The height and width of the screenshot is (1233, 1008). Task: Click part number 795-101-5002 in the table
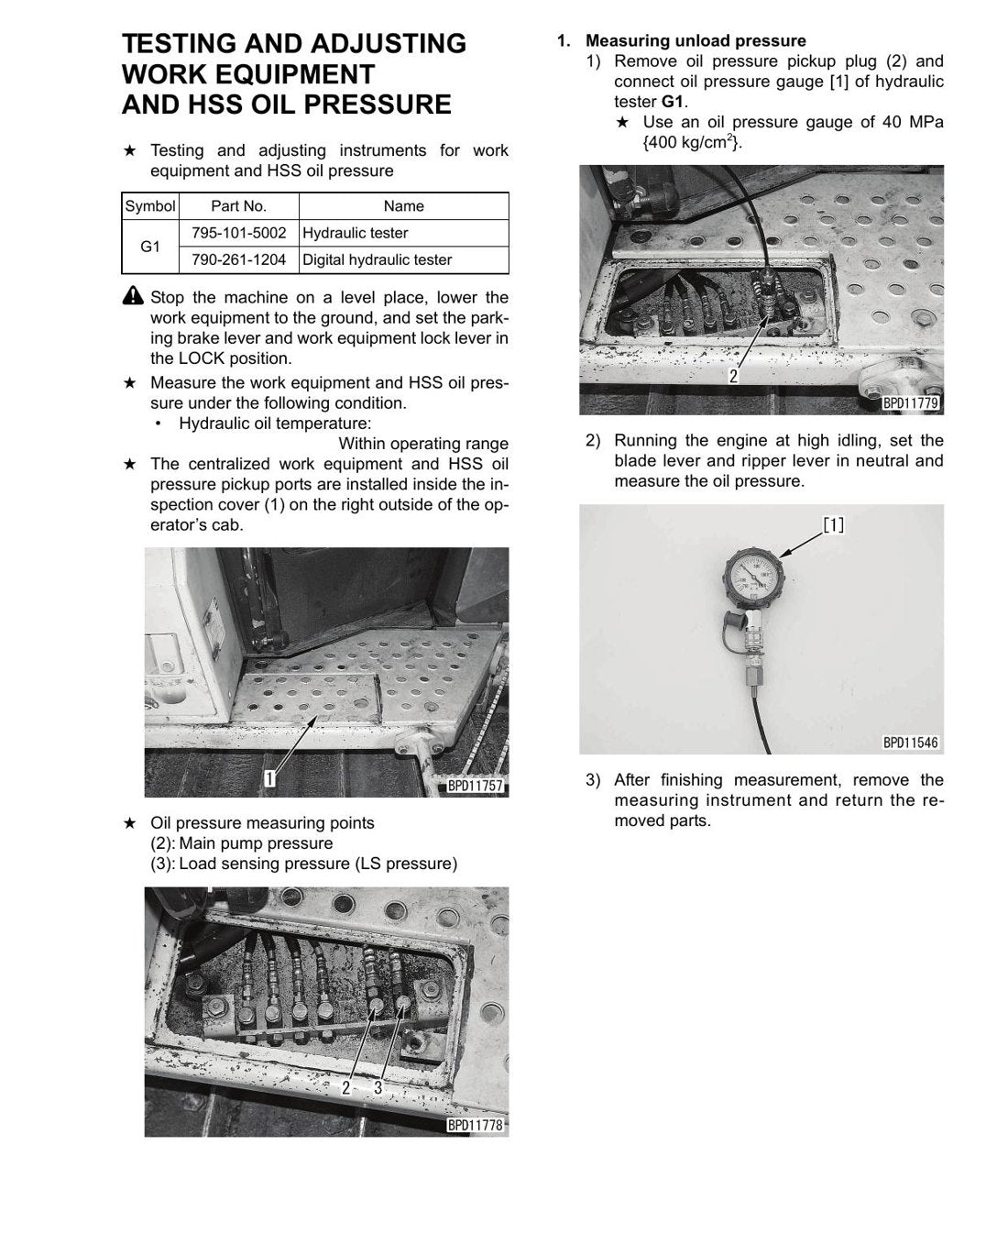coord(238,233)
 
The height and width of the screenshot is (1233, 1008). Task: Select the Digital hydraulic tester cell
coord(377,259)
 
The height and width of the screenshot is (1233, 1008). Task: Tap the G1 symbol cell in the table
coord(150,247)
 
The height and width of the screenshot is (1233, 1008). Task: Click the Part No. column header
coord(238,205)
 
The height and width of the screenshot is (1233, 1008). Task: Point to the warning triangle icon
coord(133,296)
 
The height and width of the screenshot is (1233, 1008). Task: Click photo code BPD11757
coord(475,785)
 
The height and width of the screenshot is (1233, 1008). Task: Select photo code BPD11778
coord(475,1125)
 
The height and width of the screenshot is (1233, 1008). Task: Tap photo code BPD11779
coord(911,402)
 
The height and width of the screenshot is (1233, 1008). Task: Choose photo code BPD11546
coord(911,743)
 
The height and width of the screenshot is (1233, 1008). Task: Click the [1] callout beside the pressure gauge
coord(833,524)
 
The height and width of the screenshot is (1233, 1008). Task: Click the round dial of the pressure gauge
coord(755,578)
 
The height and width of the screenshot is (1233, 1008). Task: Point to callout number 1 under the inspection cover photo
coord(269,778)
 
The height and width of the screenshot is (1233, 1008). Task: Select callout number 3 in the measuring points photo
coord(378,1087)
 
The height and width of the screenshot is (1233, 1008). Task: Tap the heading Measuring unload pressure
coord(696,41)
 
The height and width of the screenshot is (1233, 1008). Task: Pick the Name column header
coord(404,205)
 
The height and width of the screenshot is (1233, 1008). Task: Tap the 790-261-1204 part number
coord(238,259)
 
